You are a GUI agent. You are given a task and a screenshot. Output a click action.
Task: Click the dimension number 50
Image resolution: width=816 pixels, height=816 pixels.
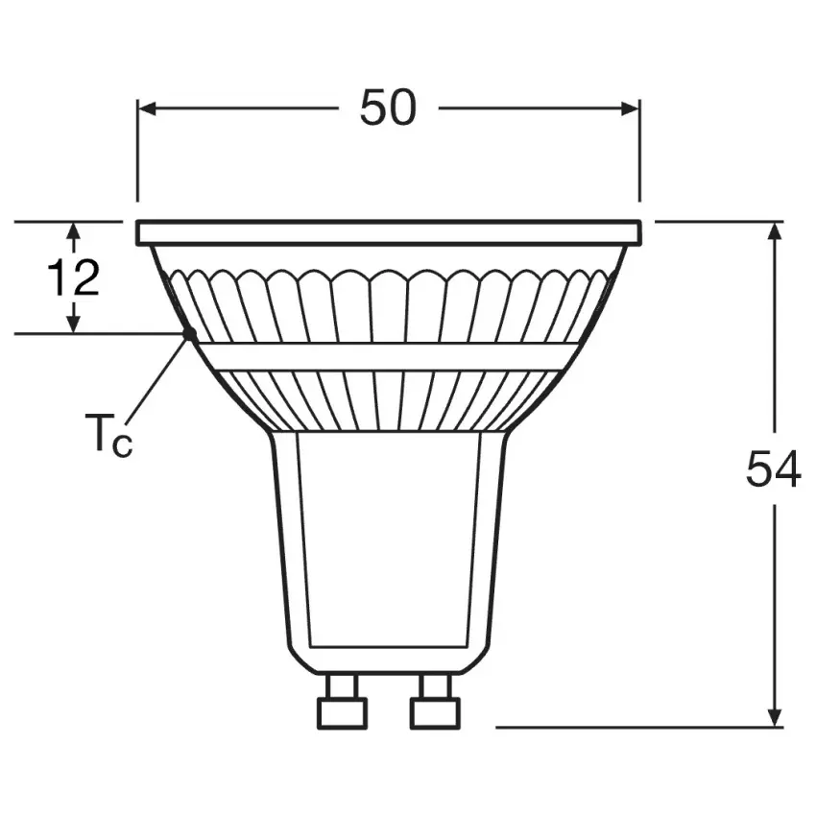[388, 108]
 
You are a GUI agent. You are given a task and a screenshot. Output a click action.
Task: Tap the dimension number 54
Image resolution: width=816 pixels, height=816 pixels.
[774, 468]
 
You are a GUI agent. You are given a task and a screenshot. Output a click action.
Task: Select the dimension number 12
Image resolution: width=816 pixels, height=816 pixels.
[73, 277]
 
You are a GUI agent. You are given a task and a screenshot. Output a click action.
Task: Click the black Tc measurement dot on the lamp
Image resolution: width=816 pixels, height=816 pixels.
[189, 333]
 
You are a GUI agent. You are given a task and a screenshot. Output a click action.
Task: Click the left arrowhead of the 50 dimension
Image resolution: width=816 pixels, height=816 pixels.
[147, 108]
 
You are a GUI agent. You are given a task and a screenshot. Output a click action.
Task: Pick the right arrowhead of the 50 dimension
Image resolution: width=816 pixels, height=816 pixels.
[630, 108]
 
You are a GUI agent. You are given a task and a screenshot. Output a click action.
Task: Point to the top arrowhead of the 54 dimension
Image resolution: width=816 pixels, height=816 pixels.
[776, 231]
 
